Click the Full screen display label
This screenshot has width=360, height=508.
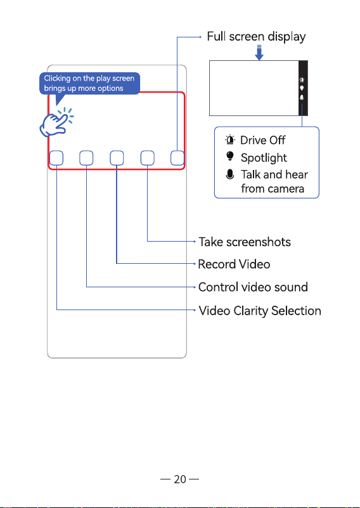click(256, 37)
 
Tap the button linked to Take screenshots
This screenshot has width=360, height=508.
click(147, 158)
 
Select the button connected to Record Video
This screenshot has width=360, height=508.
click(117, 158)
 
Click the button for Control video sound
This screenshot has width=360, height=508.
click(86, 158)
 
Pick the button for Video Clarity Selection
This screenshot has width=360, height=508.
click(56, 158)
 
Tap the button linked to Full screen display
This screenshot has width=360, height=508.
click(177, 158)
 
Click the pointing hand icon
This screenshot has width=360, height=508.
click(56, 122)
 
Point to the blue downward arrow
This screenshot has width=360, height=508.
click(259, 53)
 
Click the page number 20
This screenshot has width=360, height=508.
click(180, 479)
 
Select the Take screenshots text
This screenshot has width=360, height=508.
click(245, 242)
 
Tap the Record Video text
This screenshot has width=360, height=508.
click(234, 264)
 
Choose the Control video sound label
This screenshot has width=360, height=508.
click(253, 287)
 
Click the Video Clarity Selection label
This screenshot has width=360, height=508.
click(260, 310)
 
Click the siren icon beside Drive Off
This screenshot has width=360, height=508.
click(230, 140)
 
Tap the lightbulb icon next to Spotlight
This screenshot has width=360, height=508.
click(230, 157)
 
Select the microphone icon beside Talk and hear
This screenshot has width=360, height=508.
click(230, 174)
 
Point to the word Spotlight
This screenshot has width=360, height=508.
click(264, 158)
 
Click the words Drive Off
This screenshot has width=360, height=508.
click(262, 140)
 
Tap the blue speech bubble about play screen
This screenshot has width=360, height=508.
click(89, 84)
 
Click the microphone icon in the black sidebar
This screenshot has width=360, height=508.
click(302, 97)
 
